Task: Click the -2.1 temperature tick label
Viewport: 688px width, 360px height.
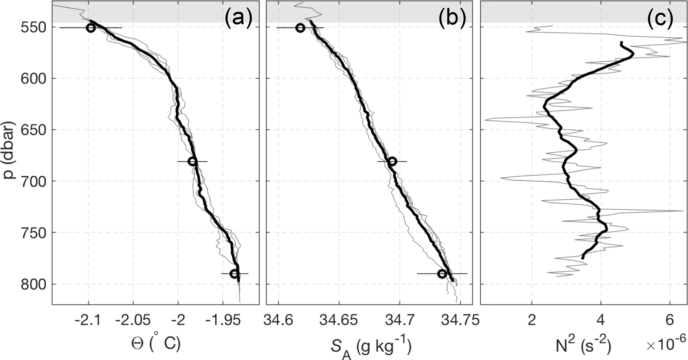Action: [88, 321]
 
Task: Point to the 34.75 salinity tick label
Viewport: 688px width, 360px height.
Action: [460, 321]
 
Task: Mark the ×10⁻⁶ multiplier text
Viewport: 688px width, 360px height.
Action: [666, 345]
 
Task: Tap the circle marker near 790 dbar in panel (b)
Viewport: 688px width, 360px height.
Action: [442, 274]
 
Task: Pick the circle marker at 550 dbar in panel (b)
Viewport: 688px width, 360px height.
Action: [300, 28]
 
